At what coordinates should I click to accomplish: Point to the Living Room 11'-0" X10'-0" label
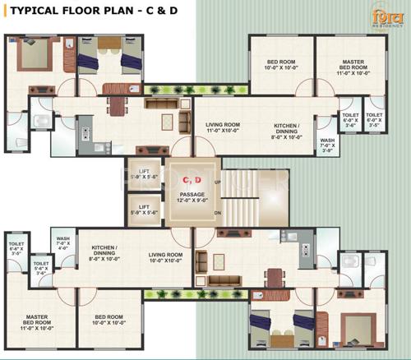coord(222,127)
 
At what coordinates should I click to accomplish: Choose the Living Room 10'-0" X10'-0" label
coord(164,259)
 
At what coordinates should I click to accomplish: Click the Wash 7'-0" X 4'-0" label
coord(63,242)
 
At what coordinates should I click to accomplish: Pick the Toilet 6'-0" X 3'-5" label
coord(374,119)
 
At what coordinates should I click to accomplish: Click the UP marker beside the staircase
coord(217,181)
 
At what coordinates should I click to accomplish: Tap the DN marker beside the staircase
coord(217,212)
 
